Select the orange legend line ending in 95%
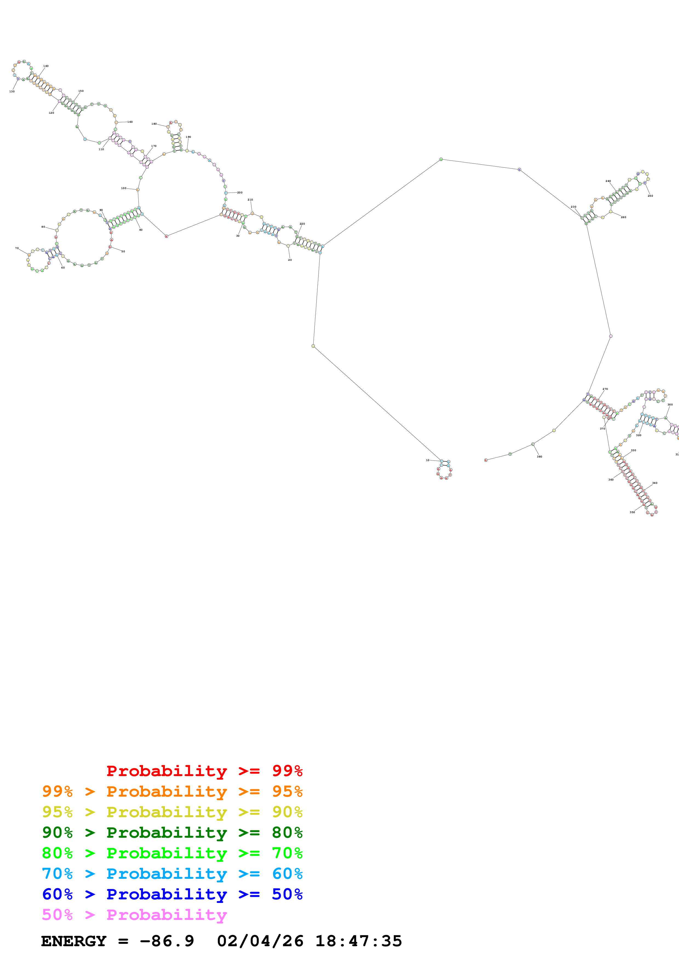point(172,791)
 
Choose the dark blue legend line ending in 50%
point(172,894)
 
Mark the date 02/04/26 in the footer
point(260,941)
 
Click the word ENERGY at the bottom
point(74,941)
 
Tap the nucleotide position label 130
point(12,91)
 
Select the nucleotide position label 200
point(240,193)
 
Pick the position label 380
point(539,457)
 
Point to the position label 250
point(650,196)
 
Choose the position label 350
point(632,512)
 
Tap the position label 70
point(17,248)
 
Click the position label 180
point(154,124)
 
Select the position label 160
point(130,122)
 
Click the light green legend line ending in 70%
point(172,853)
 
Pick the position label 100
point(124,188)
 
